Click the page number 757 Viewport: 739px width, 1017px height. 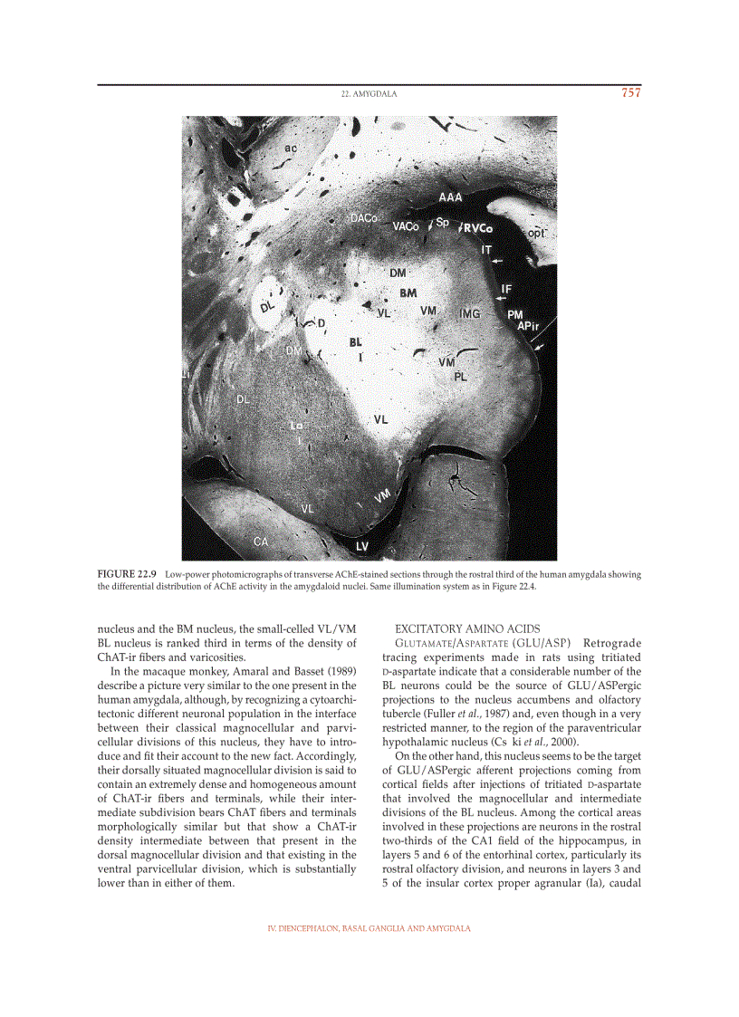(630, 92)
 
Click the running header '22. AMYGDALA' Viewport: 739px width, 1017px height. (369, 93)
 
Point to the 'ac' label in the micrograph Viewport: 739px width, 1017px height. (291, 147)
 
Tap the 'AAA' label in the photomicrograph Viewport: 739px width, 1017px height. (450, 197)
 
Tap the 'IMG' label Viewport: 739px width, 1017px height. (469, 313)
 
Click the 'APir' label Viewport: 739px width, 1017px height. (528, 325)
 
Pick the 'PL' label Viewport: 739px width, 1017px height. (460, 375)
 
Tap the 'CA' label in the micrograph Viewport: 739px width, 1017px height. (261, 542)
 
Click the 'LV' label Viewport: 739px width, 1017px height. (362, 546)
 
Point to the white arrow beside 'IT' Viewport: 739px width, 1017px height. (496, 261)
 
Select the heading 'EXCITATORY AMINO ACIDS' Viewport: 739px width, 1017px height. (467, 628)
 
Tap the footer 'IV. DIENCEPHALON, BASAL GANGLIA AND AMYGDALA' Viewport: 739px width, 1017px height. (369, 929)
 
